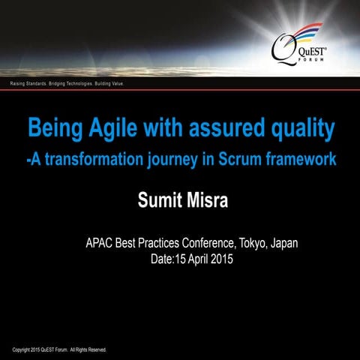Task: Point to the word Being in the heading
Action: [53, 129]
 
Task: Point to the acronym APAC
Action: [103, 244]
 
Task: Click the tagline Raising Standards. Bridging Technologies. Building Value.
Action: [67, 84]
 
